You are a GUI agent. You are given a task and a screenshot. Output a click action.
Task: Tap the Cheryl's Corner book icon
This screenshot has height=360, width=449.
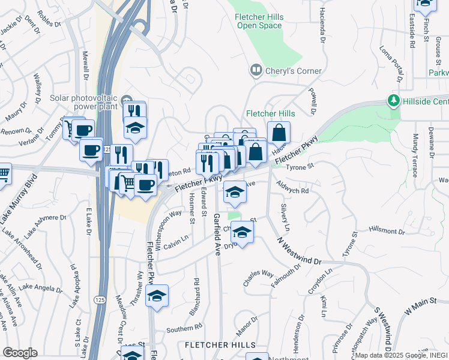pos(257,71)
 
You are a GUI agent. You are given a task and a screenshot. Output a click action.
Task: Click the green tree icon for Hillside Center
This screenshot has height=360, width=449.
pos(394,101)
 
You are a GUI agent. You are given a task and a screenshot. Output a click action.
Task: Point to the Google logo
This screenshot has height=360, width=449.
pos(20,353)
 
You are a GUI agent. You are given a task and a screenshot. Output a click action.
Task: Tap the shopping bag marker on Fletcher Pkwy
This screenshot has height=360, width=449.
pos(279,133)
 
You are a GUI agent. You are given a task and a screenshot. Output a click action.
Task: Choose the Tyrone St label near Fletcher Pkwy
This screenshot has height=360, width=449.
pos(300,167)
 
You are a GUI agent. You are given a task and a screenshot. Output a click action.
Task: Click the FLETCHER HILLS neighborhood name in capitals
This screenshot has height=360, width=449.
pos(219,345)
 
